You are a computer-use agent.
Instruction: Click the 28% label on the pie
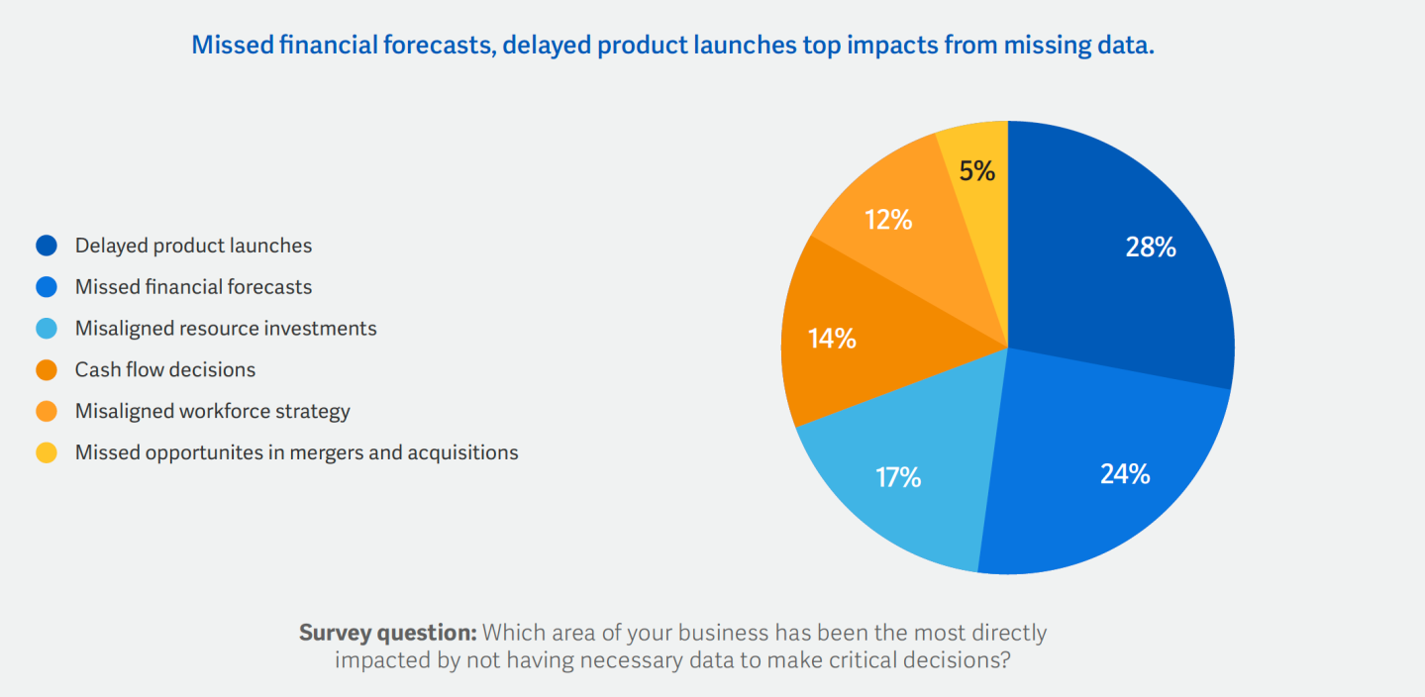pos(1151,248)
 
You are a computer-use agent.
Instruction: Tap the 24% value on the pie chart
pos(1125,474)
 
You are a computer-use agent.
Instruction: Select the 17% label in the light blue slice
pos(898,478)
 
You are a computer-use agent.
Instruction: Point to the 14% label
pos(832,339)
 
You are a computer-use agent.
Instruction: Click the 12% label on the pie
pos(887,220)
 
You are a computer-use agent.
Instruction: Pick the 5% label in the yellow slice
pos(976,171)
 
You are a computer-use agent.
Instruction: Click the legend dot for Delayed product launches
pos(47,246)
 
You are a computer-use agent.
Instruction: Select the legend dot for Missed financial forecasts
pos(47,287)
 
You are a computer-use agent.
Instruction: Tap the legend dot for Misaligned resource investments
pos(47,329)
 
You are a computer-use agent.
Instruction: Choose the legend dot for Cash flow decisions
pos(47,370)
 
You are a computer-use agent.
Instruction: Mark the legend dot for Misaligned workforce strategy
pos(47,411)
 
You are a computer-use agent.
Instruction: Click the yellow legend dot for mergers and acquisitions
pos(47,452)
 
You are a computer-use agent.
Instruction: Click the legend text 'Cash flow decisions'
pos(165,370)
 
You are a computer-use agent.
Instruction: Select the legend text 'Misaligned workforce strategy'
pos(213,411)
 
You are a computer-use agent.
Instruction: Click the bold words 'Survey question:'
pos(388,633)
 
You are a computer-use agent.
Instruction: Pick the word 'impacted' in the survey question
pos(376,659)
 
